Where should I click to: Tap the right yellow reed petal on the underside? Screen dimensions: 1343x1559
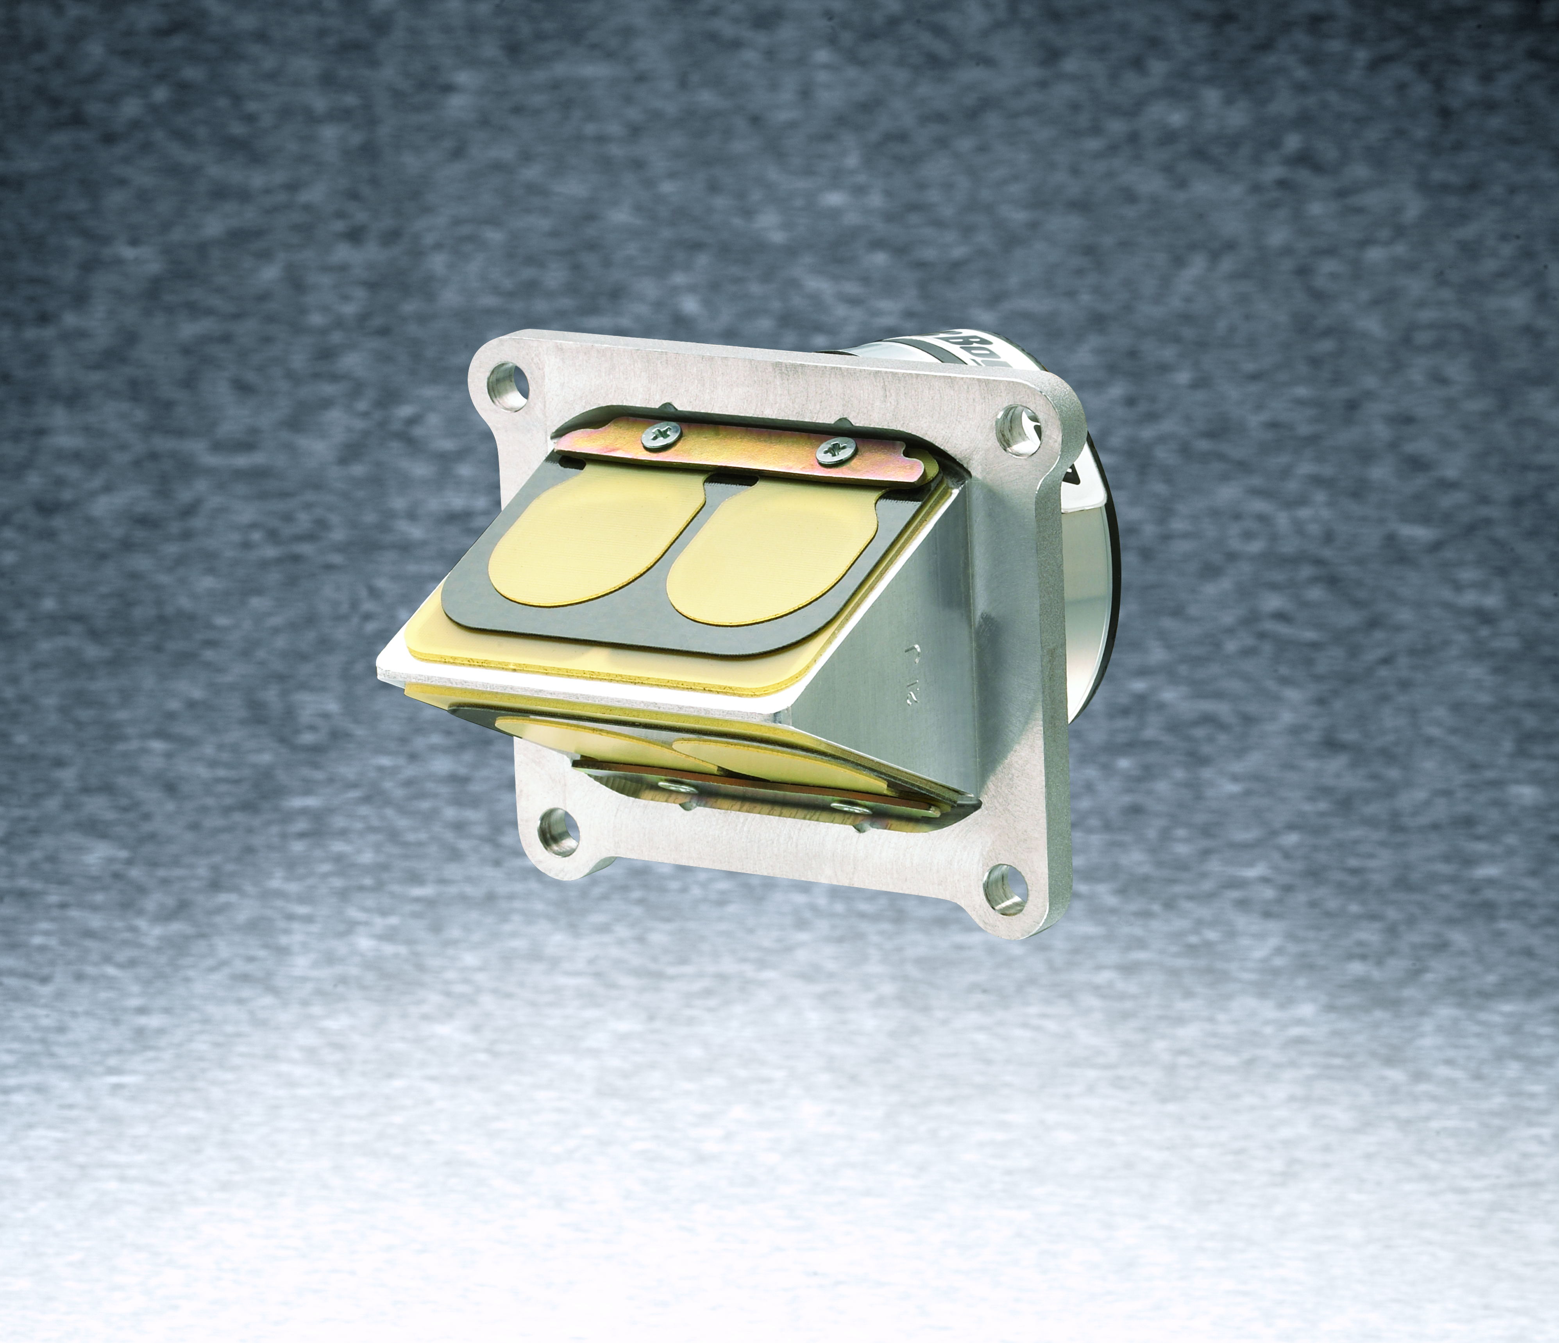pyautogui.click(x=760, y=756)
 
